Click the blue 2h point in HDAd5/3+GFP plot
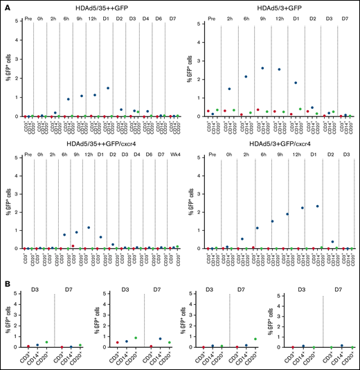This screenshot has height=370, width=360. [x=229, y=89]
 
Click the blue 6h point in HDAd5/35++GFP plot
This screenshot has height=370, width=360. [x=68, y=99]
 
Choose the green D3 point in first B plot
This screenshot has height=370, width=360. [x=46, y=342]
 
